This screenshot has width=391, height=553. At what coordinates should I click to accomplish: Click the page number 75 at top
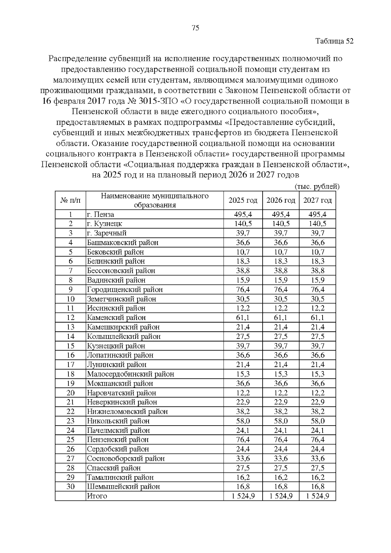click(x=195, y=28)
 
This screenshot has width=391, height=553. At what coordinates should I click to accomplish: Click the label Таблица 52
click(x=334, y=41)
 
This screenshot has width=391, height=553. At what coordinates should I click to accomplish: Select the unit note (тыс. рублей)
click(x=317, y=186)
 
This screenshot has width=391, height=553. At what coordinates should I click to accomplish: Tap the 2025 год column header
click(x=243, y=200)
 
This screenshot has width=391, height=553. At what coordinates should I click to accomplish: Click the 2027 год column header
click(x=317, y=200)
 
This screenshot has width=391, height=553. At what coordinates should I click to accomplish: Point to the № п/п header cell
click(x=70, y=200)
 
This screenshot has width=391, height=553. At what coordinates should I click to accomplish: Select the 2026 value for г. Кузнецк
click(x=281, y=224)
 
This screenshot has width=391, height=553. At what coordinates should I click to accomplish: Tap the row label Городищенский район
click(x=124, y=289)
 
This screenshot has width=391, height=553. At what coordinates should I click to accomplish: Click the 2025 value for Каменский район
click(x=243, y=317)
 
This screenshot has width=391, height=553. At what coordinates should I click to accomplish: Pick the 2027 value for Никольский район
click(x=317, y=421)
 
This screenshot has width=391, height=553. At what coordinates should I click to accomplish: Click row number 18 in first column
click(x=70, y=374)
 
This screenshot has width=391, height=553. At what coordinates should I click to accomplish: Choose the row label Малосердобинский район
click(x=130, y=374)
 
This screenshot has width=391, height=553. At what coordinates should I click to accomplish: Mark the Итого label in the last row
click(x=97, y=496)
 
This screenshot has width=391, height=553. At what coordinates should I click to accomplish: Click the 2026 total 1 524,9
click(x=281, y=496)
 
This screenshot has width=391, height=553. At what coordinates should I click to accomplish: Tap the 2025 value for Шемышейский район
click(x=243, y=487)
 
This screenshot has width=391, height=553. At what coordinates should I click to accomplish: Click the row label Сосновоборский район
click(x=125, y=458)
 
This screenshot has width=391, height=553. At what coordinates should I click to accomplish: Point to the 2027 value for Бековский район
click(x=317, y=252)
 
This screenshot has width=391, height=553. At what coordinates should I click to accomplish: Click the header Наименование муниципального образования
click(x=155, y=200)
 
